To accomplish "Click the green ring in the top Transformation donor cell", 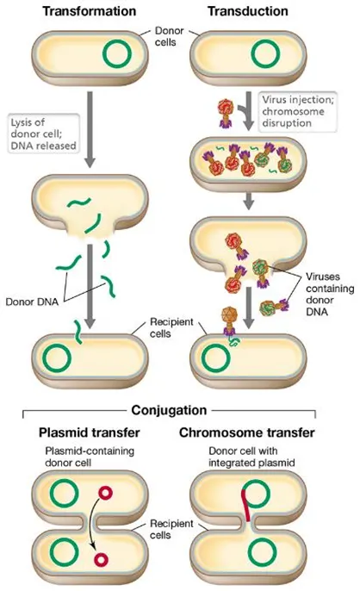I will coord(118,53).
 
